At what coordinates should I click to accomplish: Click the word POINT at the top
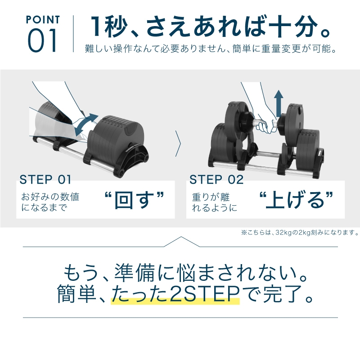coord(43,20)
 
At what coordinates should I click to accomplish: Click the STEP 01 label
coord(45,180)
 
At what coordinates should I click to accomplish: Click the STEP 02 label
coord(216,180)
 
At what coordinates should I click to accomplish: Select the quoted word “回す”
coord(133,201)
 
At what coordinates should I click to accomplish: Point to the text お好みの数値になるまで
coord(50,202)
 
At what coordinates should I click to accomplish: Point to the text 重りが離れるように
coord(214,202)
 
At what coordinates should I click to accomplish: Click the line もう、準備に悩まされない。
coord(180,274)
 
